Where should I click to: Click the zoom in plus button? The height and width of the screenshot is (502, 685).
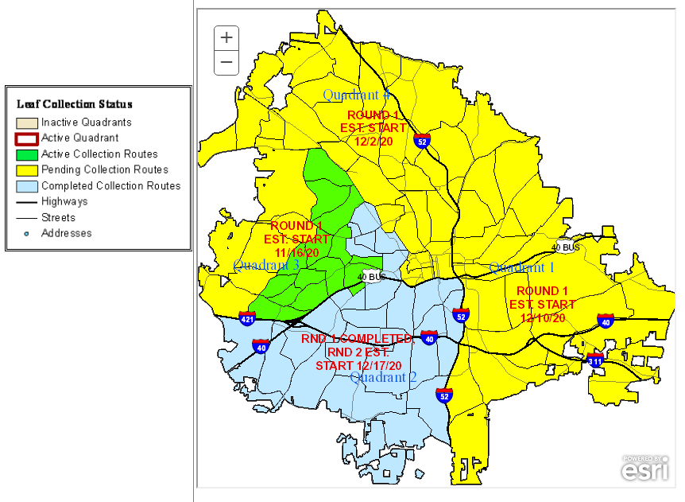(x=226, y=37)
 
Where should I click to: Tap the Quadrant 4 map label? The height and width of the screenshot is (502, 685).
(x=356, y=95)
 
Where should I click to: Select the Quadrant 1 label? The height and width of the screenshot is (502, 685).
(x=521, y=267)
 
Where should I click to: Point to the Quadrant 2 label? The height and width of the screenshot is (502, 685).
(x=384, y=377)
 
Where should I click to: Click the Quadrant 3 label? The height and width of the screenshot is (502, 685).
(x=265, y=265)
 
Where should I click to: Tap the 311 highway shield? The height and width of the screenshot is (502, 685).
(x=595, y=361)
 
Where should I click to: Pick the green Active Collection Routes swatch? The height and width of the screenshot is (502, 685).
(x=27, y=154)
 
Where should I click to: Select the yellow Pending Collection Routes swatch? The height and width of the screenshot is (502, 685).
(x=27, y=170)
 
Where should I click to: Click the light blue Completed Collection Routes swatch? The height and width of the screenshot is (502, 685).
(x=27, y=186)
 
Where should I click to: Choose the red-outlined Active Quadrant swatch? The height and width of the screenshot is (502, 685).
(x=27, y=138)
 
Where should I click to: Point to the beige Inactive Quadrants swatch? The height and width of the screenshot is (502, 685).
(x=27, y=123)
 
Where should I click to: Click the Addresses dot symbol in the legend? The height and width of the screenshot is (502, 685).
(x=27, y=233)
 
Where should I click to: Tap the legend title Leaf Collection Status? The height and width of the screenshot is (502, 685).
(x=75, y=104)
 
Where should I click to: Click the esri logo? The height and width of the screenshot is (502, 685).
(x=644, y=469)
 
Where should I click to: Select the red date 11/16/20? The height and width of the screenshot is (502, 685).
(x=296, y=252)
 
